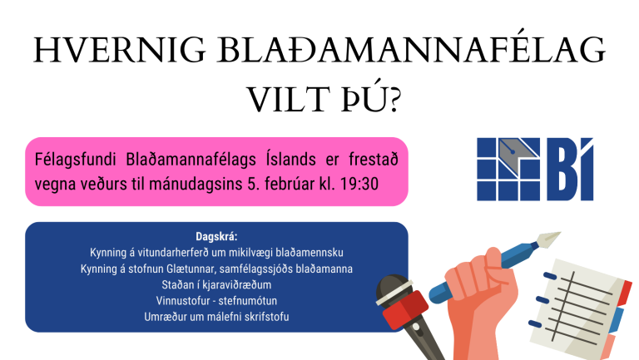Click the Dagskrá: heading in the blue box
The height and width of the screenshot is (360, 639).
tap(216, 236)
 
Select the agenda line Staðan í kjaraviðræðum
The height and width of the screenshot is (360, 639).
tap(216, 284)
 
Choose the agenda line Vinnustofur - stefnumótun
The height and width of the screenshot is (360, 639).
tap(216, 300)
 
